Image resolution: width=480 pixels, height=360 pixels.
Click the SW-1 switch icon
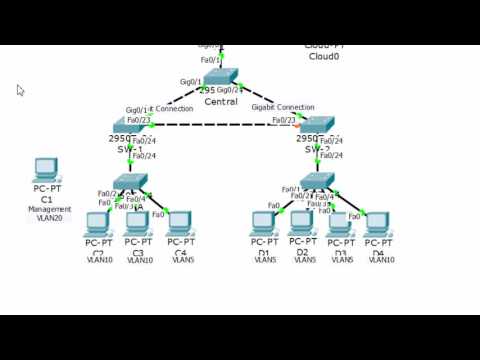click(131, 123)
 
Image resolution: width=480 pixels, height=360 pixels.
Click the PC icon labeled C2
click(98, 223)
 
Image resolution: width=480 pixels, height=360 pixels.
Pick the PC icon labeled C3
click(139, 223)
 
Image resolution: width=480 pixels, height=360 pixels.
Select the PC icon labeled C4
click(180, 223)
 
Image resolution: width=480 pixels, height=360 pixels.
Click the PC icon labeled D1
click(264, 223)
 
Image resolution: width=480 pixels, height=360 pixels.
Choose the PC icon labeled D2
click(302, 222)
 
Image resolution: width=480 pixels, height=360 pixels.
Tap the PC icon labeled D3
click(340, 223)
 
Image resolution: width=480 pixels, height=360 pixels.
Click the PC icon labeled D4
click(378, 223)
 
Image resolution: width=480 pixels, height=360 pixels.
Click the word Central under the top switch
click(221, 102)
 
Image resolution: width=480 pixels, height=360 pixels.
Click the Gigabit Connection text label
click(282, 107)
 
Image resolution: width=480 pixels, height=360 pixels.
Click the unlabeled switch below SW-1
click(131, 181)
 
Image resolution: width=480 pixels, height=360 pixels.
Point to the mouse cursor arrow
click(20, 90)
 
